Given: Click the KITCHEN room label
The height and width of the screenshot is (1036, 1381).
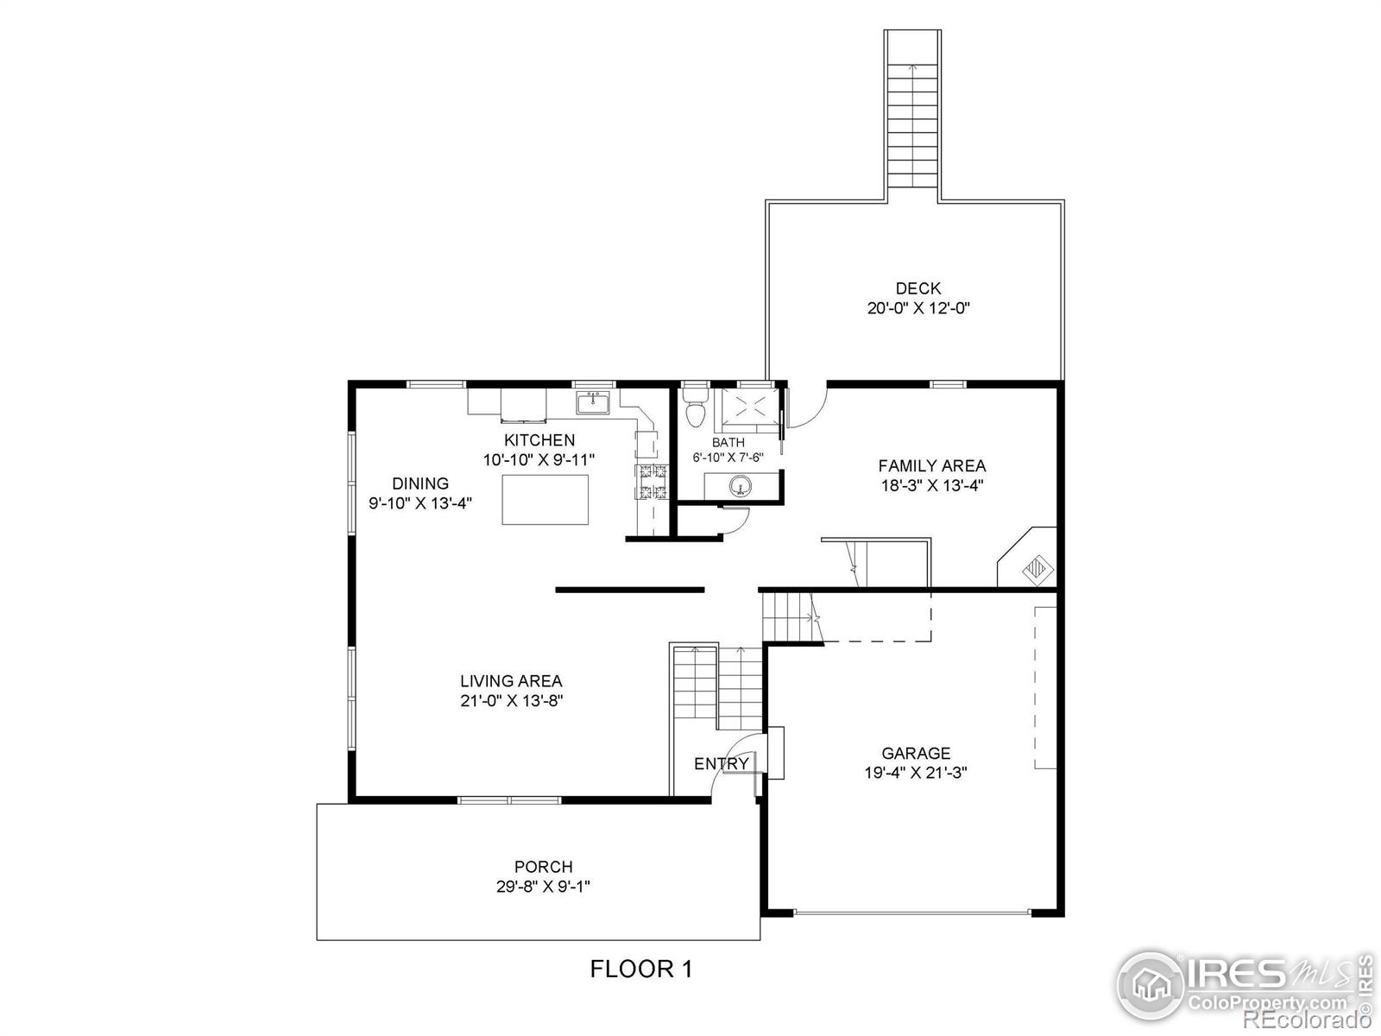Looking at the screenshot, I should point(539,440).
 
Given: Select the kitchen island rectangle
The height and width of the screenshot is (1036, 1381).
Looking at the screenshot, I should point(545,499).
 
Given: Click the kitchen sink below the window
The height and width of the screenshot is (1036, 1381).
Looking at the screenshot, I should point(593,402).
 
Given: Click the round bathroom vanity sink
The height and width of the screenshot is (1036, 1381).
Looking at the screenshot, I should point(740,486).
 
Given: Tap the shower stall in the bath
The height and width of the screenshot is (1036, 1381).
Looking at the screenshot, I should point(747,407).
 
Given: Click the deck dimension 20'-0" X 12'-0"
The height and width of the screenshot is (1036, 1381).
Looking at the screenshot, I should point(918,308).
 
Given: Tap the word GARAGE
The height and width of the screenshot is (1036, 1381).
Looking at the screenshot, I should point(916,753).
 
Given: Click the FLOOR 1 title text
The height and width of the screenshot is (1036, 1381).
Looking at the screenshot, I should point(641,969).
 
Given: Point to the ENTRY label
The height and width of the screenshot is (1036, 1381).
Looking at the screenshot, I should point(721,764).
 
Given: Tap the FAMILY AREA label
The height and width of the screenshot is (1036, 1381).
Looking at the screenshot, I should point(931,466).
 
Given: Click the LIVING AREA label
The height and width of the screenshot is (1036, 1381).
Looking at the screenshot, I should point(511,681).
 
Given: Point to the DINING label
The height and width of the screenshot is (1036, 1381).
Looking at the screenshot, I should point(420,483).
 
